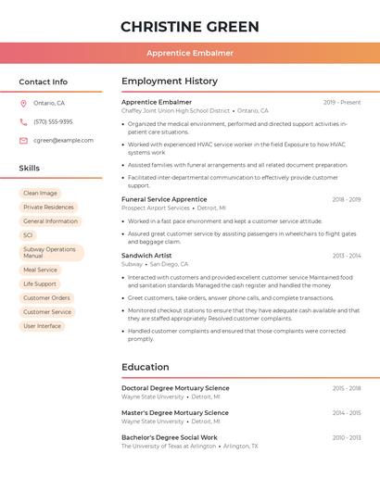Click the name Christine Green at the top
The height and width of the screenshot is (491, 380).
190,26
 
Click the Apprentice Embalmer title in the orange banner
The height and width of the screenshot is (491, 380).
190,54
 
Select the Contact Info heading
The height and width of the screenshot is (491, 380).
44,82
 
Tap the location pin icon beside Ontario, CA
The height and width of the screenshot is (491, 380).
23,104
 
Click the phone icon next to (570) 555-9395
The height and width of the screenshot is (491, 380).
23,122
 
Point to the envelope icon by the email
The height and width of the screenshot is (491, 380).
23,141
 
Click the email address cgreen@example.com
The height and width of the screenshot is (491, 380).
63,141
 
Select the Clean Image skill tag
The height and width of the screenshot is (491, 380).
40,193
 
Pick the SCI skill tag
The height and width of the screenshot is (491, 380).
29,235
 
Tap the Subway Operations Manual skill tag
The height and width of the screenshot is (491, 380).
50,252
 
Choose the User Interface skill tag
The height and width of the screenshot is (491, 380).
42,326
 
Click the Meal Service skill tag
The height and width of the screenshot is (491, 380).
40,270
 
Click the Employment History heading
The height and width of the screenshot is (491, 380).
170,82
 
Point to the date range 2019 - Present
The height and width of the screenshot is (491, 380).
342,103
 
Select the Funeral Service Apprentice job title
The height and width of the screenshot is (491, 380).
164,199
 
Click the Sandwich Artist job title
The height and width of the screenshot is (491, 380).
146,255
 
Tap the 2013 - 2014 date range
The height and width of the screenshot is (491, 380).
347,256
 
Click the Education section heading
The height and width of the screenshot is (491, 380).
146,367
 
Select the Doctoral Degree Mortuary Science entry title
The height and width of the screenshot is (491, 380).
175,388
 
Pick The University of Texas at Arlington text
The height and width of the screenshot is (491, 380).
169,446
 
